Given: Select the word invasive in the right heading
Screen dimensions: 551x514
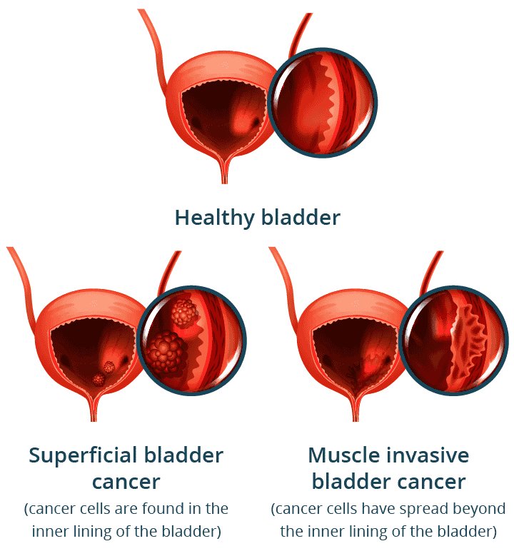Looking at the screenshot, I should [432, 455].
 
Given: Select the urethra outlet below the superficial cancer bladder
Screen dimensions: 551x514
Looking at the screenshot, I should [93, 410].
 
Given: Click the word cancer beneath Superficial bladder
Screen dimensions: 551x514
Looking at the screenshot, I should [126, 482].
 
